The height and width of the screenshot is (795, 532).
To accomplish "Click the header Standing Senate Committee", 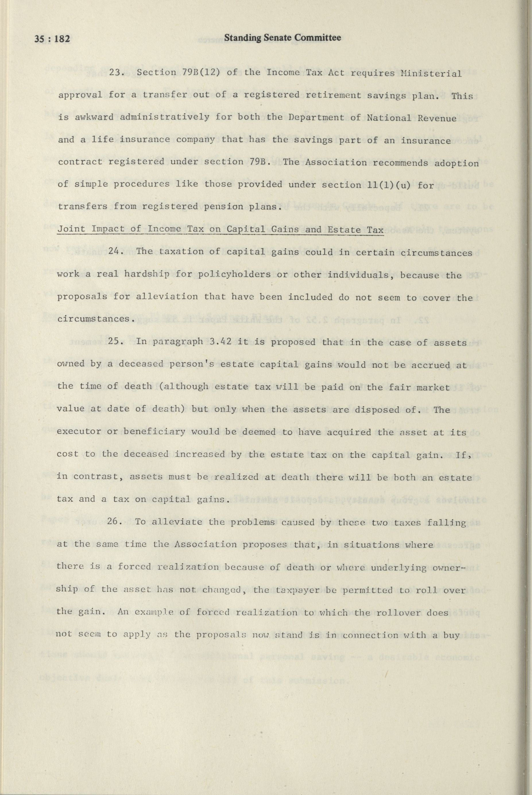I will click(x=282, y=38).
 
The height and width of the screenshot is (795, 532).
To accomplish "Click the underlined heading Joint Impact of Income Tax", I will click(x=220, y=229).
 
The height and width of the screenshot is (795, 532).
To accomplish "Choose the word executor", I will click(x=78, y=432).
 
